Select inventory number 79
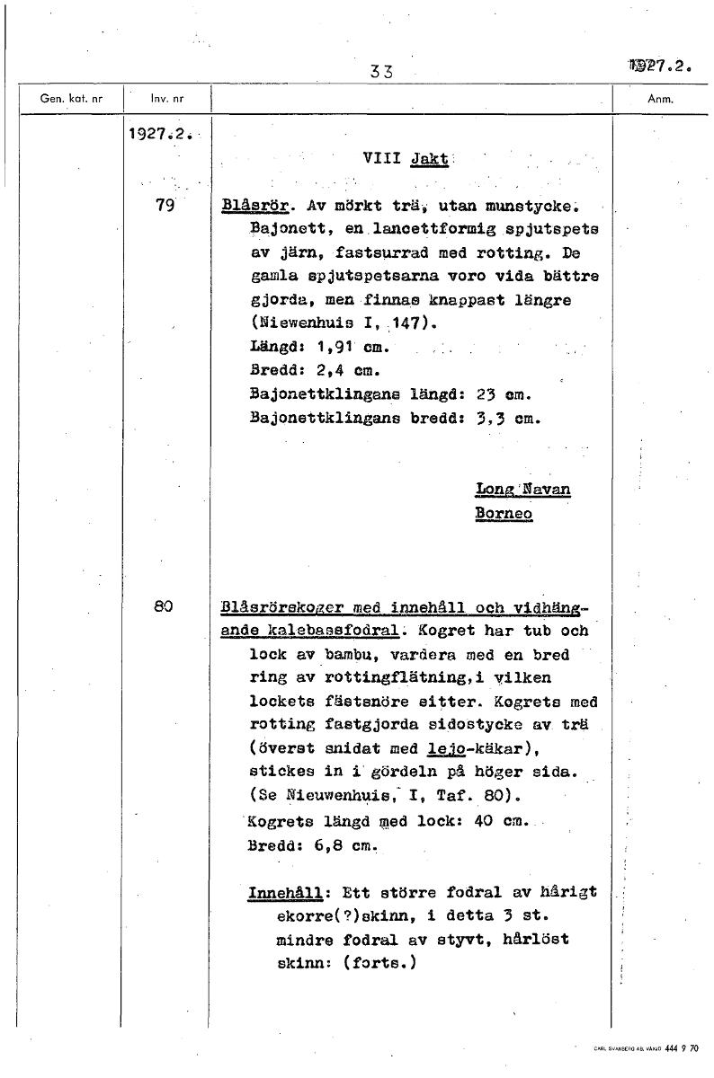click(x=165, y=205)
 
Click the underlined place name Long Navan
click(x=522, y=490)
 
